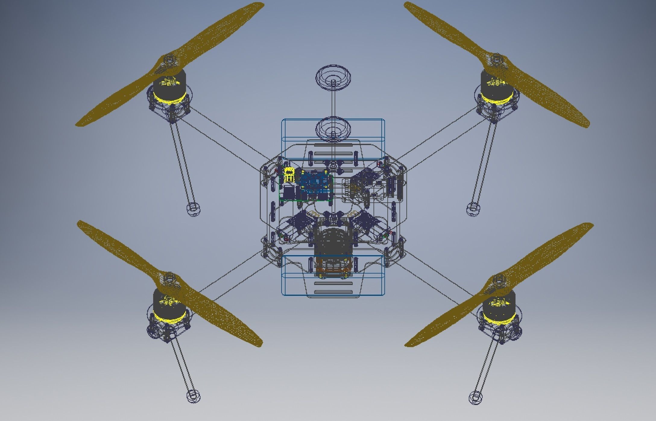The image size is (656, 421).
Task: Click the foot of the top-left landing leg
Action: tap(193, 209)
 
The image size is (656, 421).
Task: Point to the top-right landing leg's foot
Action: tap(472, 209)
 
